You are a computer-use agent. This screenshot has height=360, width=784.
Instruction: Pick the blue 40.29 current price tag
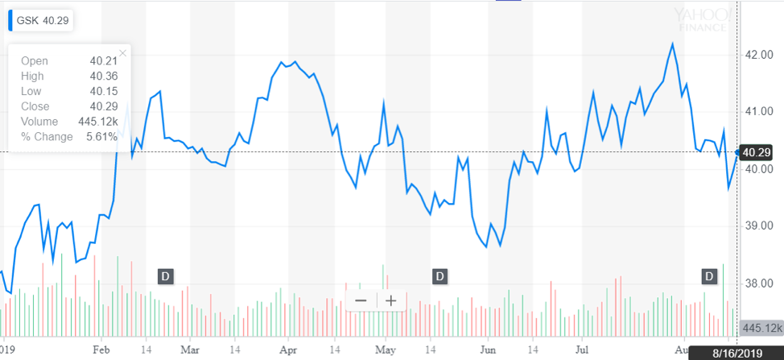[x=757, y=151]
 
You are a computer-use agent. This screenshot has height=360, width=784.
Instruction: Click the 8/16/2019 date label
[x=747, y=353]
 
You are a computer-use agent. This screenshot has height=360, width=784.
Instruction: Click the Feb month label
[x=101, y=350]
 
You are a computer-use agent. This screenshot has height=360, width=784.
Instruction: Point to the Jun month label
[x=487, y=350]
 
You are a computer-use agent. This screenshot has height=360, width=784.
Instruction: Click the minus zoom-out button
[x=361, y=300]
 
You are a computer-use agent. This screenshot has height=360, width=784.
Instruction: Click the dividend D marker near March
[x=165, y=276]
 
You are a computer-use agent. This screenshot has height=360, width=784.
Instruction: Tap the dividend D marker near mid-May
[x=439, y=276]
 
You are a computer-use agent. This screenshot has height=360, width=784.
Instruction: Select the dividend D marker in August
[x=709, y=276]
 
